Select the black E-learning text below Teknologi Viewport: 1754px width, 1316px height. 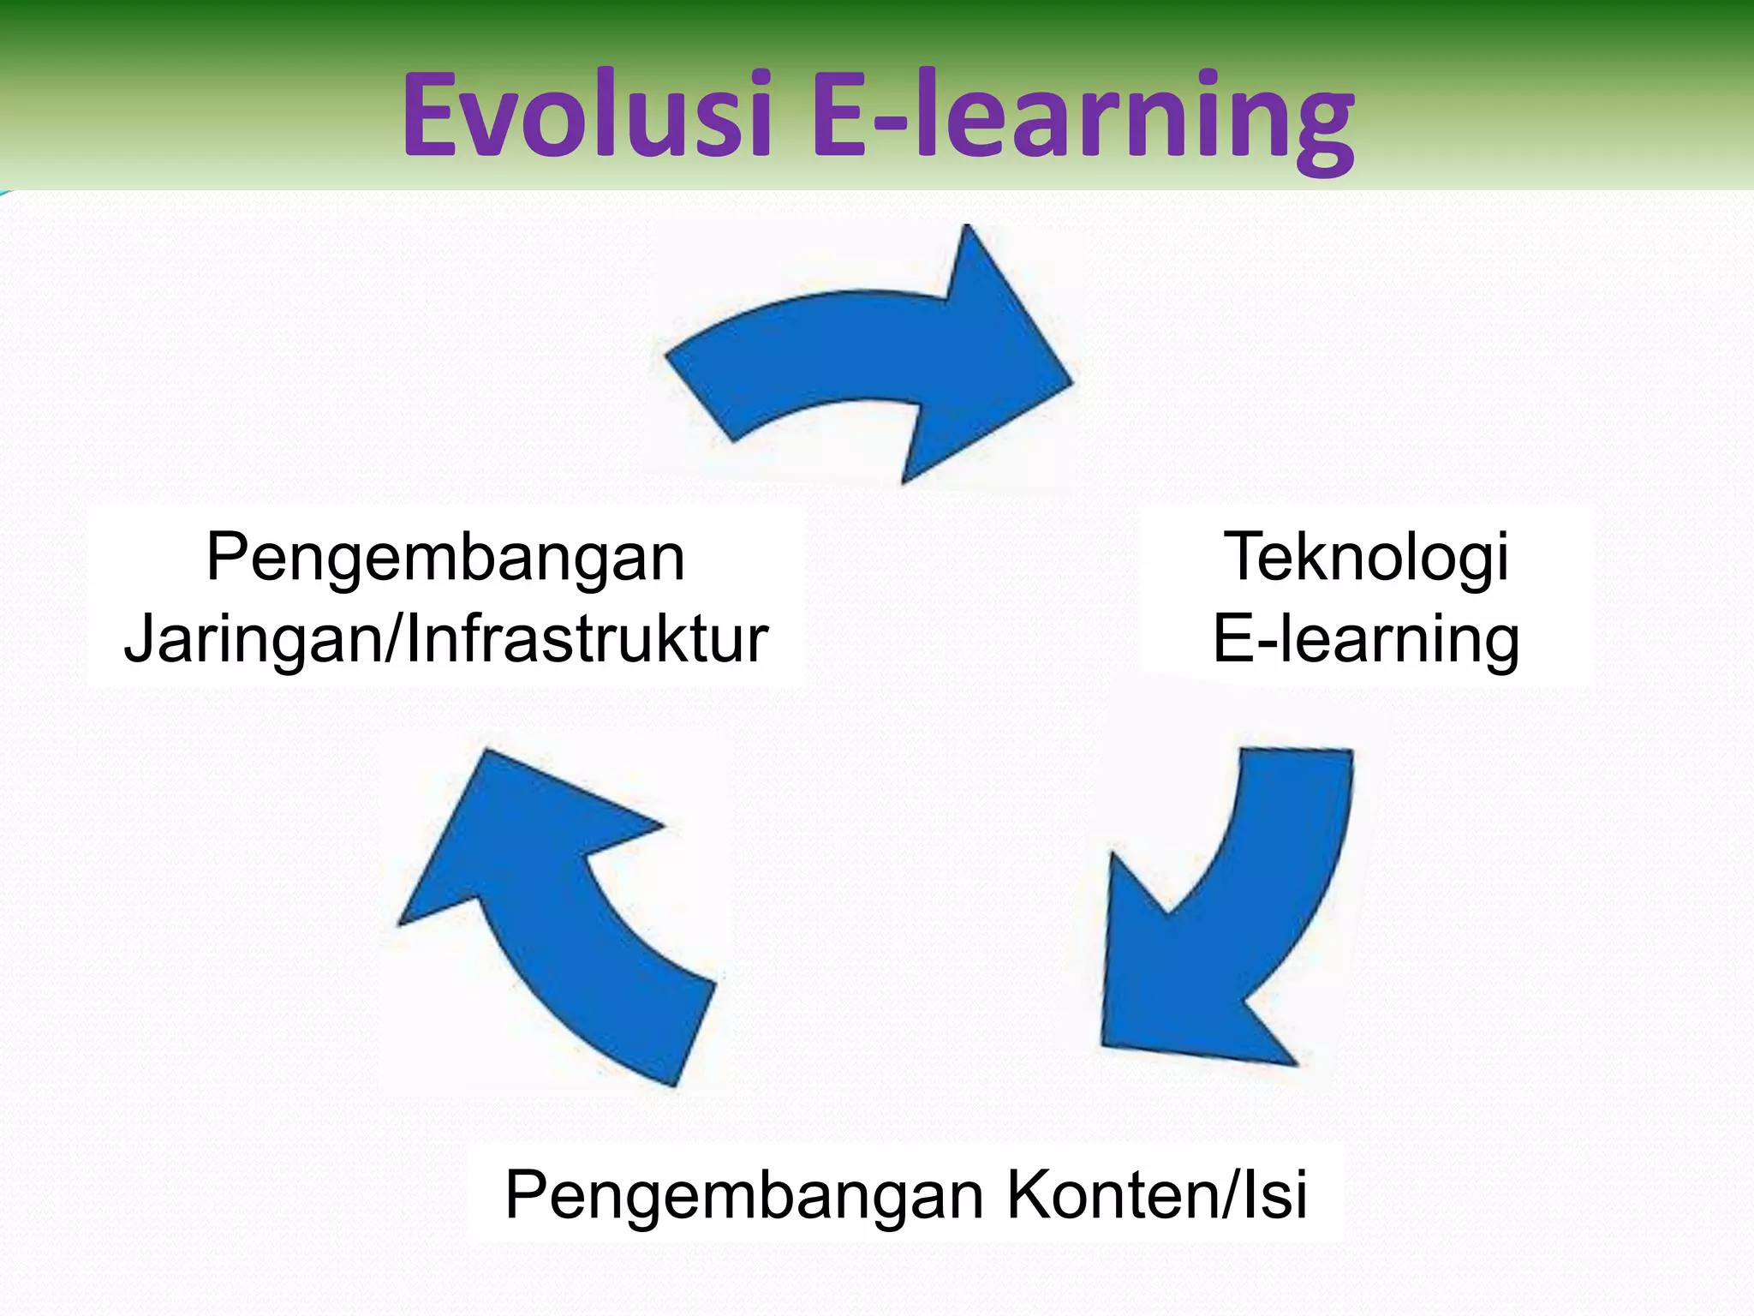pyautogui.click(x=1365, y=639)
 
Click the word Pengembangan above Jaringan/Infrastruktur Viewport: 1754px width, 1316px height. pyautogui.click(x=445, y=557)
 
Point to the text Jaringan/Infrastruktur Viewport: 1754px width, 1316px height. pyautogui.click(x=445, y=639)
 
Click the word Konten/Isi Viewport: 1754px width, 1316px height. pyautogui.click(x=1156, y=1194)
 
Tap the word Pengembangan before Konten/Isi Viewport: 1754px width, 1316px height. pyautogui.click(x=743, y=1194)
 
